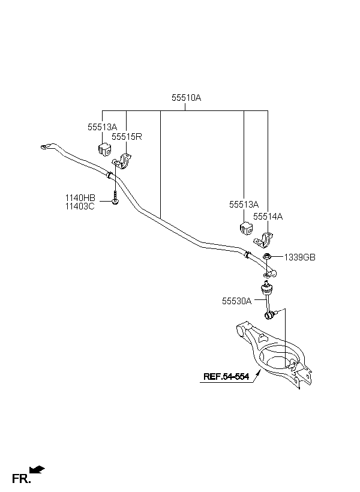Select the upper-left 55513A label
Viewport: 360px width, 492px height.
tap(102, 127)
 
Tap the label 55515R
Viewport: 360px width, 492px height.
tap(126, 136)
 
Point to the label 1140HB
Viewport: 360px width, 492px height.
tap(80, 197)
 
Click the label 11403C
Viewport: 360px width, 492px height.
tap(80, 206)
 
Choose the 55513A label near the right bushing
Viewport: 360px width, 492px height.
tap(244, 205)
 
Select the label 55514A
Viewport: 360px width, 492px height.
tap(268, 216)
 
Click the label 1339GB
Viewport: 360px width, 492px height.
tap(299, 257)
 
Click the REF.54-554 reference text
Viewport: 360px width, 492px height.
tap(226, 377)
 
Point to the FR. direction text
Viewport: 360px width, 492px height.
tap(20, 478)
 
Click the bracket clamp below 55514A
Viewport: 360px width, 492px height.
tap(264, 241)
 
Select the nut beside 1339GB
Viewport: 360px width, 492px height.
tap(268, 257)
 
